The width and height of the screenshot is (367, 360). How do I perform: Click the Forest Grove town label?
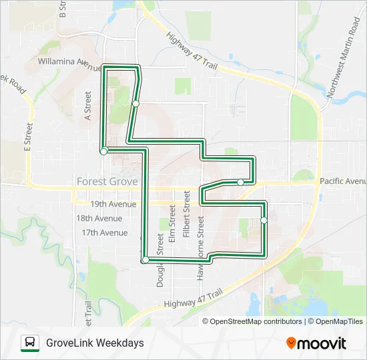107,181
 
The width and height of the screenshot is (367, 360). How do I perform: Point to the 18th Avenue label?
99,218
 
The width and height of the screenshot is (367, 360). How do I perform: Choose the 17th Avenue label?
104,233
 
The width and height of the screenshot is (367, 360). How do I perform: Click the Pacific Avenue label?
342,181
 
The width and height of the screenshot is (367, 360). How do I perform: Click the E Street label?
29,138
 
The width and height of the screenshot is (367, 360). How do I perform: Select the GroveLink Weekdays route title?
95,343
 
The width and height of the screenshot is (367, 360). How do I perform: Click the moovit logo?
316,343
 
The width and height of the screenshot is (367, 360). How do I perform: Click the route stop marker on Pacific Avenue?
240,182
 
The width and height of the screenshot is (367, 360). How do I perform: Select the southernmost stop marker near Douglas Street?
145,259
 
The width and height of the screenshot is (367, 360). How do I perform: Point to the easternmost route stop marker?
264,220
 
